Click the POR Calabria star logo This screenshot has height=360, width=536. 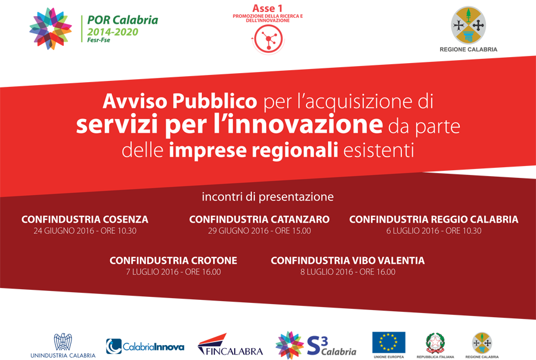coord(51,29)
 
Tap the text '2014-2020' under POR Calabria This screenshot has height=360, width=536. coord(113,32)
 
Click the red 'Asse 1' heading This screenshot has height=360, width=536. coord(267,8)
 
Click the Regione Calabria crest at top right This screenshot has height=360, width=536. coord(468,25)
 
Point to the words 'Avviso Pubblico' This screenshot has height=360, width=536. coord(180,101)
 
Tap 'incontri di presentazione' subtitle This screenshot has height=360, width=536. coord(267,197)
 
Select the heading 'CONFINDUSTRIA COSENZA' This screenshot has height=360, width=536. coord(85,220)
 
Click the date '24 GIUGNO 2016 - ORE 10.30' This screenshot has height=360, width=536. coord(85,231)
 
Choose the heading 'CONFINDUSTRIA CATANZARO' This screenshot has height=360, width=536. coord(260,220)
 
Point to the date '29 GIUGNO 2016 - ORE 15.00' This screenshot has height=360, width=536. coord(260,231)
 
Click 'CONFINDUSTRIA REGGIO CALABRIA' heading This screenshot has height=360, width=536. coord(434,220)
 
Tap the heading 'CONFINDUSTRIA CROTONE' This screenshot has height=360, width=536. coord(173,261)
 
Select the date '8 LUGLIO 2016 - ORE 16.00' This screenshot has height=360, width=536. coord(348,272)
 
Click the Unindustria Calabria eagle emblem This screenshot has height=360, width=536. coord(63,342)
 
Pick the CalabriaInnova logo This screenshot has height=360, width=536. coord(145,346)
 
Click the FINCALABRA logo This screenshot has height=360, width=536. coord(230,345)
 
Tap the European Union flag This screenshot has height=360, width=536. coord(389,342)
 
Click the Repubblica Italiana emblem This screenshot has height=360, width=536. coord(435,343)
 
